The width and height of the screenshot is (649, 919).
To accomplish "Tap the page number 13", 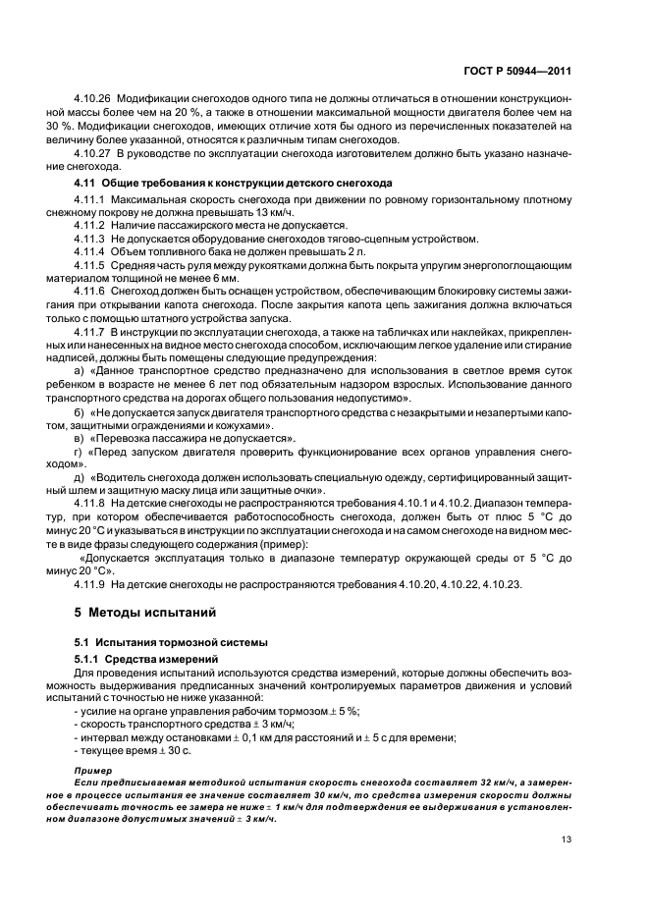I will [567, 838].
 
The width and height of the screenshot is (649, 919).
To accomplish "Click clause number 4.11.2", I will [90, 226].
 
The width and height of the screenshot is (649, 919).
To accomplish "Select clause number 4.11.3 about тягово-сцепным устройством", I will [90, 239].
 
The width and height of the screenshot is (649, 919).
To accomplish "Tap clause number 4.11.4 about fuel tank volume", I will [90, 251].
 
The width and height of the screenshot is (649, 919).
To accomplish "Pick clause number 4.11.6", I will [90, 292].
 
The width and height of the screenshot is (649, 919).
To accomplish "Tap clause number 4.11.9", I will [90, 584].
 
